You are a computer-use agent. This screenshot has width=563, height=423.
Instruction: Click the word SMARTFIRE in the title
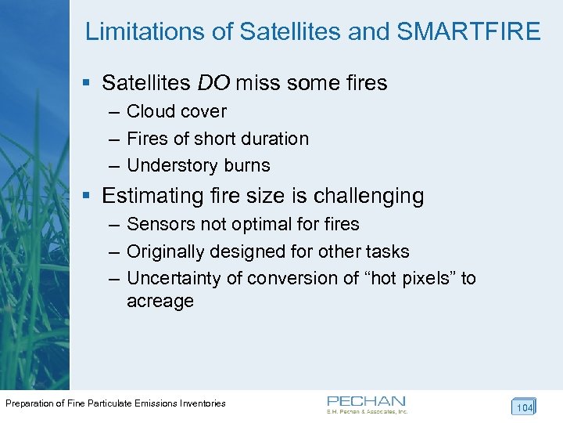click(469, 31)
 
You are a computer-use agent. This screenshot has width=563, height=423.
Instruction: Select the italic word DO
click(213, 82)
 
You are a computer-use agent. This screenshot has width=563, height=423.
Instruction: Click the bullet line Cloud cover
click(176, 111)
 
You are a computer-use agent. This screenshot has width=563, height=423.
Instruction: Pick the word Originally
click(165, 251)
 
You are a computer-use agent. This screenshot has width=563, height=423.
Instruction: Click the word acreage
click(160, 302)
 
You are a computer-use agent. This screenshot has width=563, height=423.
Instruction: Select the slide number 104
click(523, 407)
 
